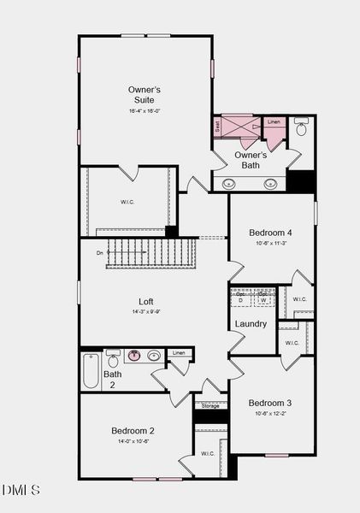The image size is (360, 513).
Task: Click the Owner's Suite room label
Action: click(145, 94)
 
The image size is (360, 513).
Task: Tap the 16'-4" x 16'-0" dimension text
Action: click(145, 111)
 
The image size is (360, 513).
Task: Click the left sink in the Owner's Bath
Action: click(229, 183)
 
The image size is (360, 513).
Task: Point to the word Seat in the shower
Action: click(218, 125)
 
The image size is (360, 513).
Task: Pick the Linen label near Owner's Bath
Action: click(274, 122)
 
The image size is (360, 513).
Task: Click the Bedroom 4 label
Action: click(270, 233)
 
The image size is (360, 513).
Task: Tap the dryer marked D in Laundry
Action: click(240, 301)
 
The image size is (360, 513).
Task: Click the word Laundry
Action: click(251, 324)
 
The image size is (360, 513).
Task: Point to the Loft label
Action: click(146, 301)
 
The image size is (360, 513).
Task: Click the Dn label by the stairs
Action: click(100, 253)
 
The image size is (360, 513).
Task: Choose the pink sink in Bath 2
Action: click(133, 356)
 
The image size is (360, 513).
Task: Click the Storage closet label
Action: click(210, 406)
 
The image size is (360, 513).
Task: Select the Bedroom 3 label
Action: click(270, 403)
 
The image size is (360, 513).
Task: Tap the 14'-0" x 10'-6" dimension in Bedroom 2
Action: click(133, 442)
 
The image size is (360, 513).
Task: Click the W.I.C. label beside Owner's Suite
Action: click(127, 202)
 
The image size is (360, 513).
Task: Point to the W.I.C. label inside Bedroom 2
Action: click(208, 453)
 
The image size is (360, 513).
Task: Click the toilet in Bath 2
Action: click(114, 360)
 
